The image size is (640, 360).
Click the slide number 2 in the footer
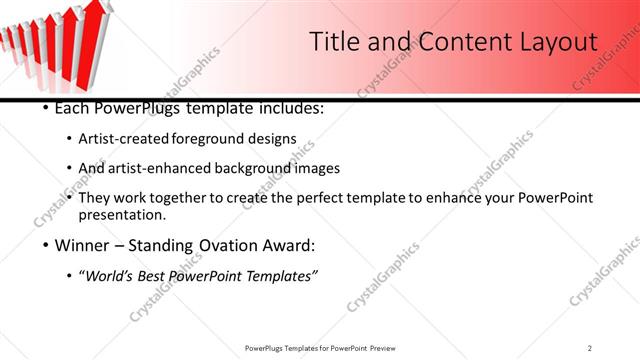pyautogui.click(x=590, y=347)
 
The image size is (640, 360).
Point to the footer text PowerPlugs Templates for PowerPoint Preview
pyautogui.click(x=319, y=347)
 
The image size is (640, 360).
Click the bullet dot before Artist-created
pyautogui.click(x=68, y=138)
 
